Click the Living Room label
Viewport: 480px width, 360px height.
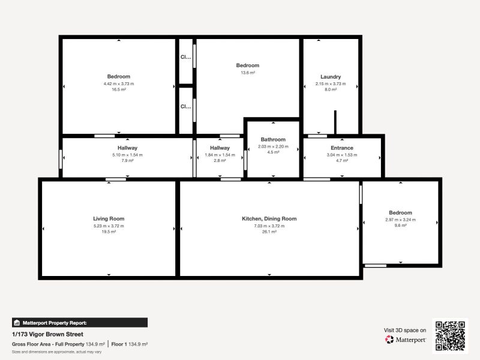(x=109, y=219)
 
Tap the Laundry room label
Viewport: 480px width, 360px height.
(x=331, y=77)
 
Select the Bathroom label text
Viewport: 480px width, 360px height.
(x=273, y=140)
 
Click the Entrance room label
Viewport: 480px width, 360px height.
(x=342, y=148)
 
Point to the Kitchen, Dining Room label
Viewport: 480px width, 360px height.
(x=269, y=219)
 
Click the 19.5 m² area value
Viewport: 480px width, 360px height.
(x=109, y=232)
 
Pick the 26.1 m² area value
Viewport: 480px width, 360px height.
(x=269, y=232)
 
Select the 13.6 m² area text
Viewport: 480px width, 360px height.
(x=247, y=73)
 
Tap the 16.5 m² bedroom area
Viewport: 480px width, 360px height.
(x=119, y=89)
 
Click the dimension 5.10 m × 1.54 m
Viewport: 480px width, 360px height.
(x=127, y=155)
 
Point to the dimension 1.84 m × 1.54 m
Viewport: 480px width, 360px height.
(x=220, y=155)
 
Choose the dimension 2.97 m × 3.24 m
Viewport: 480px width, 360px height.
(x=400, y=220)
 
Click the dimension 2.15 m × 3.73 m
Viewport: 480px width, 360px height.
(x=331, y=84)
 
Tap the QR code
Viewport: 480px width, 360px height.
(x=451, y=335)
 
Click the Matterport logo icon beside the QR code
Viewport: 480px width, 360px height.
(x=389, y=340)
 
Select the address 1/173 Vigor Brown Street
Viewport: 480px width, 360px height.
(x=47, y=334)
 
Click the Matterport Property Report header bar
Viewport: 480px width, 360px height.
(x=80, y=323)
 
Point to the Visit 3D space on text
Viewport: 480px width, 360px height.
(x=405, y=330)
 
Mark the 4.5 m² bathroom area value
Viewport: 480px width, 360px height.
(x=273, y=152)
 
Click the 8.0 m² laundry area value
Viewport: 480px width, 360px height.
(x=331, y=89)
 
